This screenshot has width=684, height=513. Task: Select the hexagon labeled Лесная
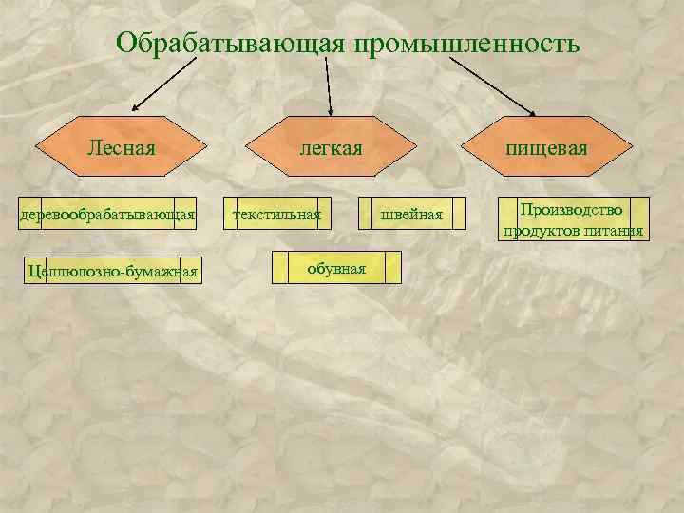[121, 148]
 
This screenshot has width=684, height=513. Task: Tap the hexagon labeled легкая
[331, 148]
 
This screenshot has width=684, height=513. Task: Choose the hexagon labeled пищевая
[546, 148]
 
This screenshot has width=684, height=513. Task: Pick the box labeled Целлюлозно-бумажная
[113, 272]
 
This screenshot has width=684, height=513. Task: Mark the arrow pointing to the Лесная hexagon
[166, 83]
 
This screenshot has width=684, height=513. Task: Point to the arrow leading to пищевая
[492, 83]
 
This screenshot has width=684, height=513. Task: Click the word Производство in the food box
[575, 209]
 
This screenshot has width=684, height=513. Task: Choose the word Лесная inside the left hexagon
[121, 148]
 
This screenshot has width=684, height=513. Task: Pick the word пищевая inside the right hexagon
[546, 148]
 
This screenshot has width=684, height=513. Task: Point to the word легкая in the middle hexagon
[331, 148]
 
